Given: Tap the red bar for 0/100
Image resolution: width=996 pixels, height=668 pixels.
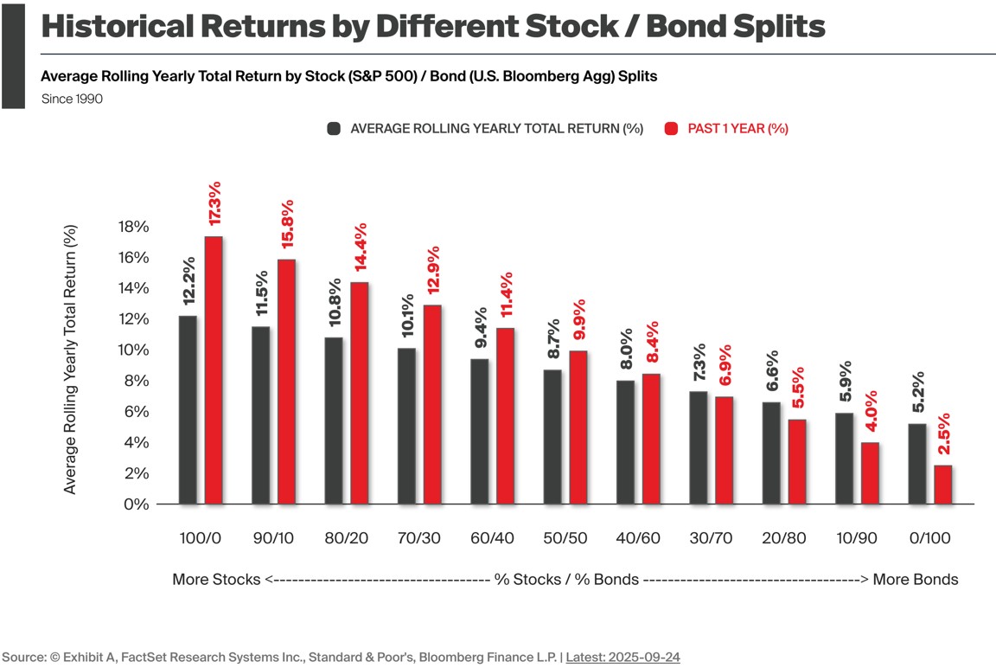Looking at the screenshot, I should coord(942,485).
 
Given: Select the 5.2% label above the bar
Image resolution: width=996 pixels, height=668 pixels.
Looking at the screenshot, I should coord(918,395).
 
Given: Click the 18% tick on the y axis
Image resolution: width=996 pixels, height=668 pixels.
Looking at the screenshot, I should coord(133,227).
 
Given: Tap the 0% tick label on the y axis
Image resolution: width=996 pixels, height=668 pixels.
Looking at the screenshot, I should coord(137,504).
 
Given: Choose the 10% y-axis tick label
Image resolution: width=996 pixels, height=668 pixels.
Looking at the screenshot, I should coord(133,350).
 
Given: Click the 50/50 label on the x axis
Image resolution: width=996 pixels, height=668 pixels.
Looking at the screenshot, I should coord(565,538).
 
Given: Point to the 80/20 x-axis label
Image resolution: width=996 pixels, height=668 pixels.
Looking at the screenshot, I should coord(347,538).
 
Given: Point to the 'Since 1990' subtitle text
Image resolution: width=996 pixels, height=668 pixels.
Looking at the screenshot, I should coord(72,100).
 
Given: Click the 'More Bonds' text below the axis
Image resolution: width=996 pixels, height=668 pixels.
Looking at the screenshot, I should coord(915,580).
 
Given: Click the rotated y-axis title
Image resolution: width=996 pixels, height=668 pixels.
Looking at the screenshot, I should coord(71,359).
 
